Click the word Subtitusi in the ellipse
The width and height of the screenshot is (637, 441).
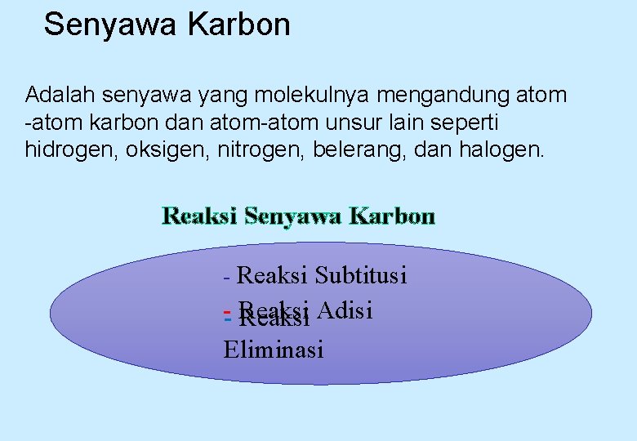[x=361, y=275]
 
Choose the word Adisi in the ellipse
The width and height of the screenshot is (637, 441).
[x=345, y=310]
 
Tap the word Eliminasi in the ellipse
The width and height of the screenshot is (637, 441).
[x=274, y=350]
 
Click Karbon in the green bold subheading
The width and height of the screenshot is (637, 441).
[x=392, y=216]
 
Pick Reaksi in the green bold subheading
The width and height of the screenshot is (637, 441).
[x=200, y=216]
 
